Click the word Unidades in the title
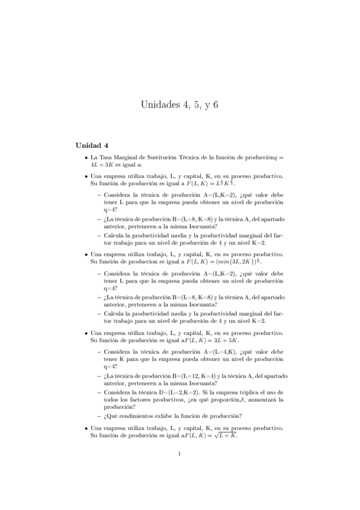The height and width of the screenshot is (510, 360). tap(159, 105)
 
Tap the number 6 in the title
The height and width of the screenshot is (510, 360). tap(215, 105)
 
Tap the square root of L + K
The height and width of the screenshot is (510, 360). tap(224, 435)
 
